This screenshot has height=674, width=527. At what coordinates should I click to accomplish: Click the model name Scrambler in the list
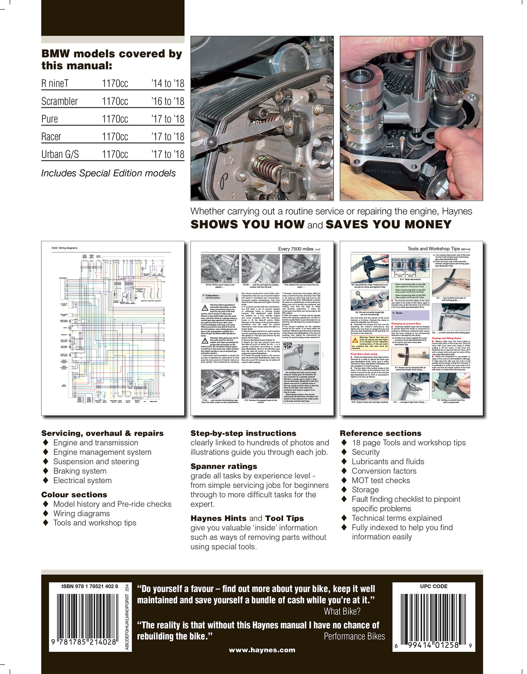tap(59, 101)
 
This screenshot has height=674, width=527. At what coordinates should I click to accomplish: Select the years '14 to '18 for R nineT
tap(168, 84)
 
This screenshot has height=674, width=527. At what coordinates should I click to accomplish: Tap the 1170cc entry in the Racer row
tap(115, 137)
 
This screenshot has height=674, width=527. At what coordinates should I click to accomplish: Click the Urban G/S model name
tap(60, 154)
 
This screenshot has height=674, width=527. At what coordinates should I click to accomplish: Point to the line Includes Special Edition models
tap(108, 173)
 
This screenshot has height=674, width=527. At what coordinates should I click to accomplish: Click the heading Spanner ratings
tap(224, 467)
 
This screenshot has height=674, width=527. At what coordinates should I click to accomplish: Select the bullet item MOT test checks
tap(381, 480)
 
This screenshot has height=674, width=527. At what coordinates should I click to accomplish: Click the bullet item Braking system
tap(80, 471)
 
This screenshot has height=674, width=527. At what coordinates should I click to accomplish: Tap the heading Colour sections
tap(74, 495)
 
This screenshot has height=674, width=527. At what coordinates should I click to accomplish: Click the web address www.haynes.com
tap(262, 650)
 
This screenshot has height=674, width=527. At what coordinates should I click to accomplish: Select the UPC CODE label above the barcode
tap(434, 586)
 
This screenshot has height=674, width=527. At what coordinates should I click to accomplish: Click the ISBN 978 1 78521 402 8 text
tap(90, 587)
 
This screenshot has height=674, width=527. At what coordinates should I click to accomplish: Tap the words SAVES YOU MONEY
tap(389, 225)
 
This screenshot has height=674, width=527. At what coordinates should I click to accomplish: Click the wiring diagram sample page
tap(113, 328)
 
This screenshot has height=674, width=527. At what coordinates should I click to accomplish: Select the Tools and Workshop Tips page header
tap(433, 249)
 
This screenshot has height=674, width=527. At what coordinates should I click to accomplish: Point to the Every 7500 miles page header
tap(295, 249)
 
